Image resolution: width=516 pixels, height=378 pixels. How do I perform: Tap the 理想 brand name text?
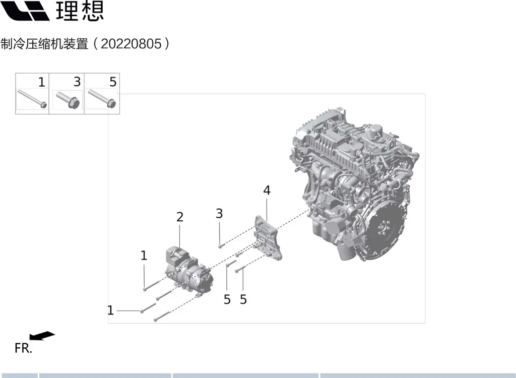(x=80, y=11)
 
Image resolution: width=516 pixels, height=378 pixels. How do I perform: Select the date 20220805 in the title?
(x=132, y=44)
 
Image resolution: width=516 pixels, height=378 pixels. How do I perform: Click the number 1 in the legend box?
(x=41, y=82)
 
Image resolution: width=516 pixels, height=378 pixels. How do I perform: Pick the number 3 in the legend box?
(x=77, y=82)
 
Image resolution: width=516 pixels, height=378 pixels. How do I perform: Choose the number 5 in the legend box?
(x=113, y=82)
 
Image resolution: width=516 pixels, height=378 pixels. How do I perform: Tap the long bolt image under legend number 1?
(x=32, y=98)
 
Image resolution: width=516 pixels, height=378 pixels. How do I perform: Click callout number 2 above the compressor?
(x=180, y=217)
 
